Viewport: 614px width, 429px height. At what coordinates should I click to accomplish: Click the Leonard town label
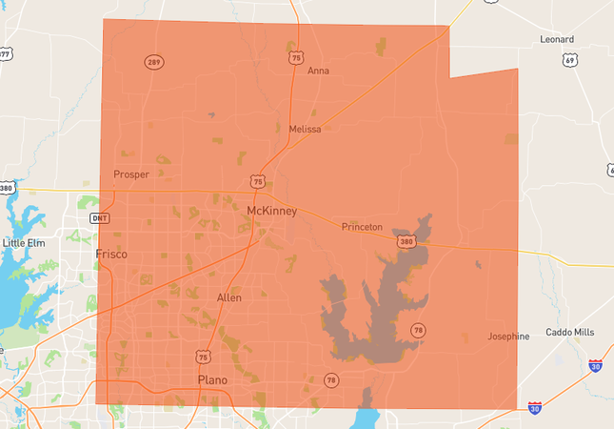[x=557, y=39]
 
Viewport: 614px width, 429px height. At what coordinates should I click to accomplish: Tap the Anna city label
[x=319, y=71]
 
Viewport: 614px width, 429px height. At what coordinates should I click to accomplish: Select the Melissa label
[x=305, y=129]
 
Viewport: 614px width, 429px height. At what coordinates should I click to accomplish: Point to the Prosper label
[x=131, y=174]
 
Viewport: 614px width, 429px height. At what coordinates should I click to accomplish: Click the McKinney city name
[x=271, y=210]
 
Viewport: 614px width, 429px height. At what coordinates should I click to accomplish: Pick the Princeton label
[x=362, y=227]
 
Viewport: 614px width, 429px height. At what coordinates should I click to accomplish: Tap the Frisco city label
[x=111, y=254]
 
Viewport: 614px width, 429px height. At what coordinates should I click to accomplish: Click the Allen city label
[x=229, y=297]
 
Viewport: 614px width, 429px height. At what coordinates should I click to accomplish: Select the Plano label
[x=212, y=379]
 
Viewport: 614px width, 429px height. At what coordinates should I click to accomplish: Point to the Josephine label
[x=508, y=337]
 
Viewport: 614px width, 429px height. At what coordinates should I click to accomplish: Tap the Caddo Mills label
[x=569, y=332]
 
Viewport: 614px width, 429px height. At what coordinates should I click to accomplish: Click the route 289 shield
[x=154, y=62]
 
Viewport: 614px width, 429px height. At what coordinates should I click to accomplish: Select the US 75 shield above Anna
[x=296, y=58]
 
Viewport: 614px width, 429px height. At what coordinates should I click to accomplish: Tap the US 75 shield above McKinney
[x=258, y=181]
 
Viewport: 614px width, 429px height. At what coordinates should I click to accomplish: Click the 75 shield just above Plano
[x=204, y=357]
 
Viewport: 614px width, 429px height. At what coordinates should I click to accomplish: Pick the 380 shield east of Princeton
[x=406, y=242]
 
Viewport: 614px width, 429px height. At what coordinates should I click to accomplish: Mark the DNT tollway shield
[x=100, y=218]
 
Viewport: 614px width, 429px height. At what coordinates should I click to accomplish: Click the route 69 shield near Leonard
[x=569, y=60]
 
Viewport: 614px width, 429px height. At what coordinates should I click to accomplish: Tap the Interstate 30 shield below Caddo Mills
[x=594, y=366]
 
